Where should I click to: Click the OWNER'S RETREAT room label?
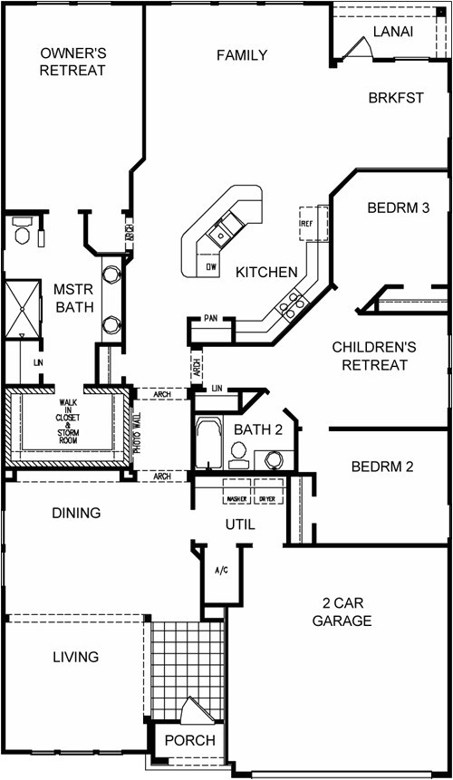(72, 62)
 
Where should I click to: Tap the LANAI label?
(392, 32)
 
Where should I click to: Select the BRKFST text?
(395, 98)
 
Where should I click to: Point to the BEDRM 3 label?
(398, 207)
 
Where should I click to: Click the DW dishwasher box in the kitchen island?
(210, 267)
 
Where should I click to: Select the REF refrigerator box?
(306, 220)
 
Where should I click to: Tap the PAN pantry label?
(210, 319)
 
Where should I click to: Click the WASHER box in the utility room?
(238, 499)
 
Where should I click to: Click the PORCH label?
(189, 740)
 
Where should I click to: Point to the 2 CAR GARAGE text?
(341, 611)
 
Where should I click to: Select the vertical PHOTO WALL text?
(136, 433)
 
